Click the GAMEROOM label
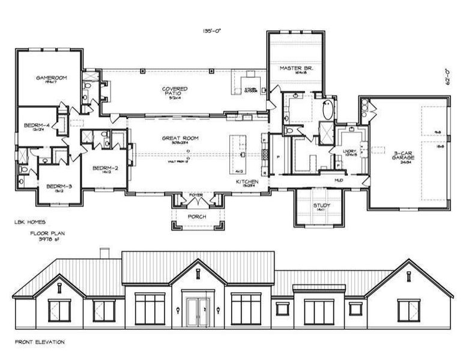coord(45,77)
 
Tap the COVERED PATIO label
coord(175,91)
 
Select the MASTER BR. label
coord(294,69)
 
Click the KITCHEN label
coord(247,181)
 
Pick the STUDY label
coord(322,206)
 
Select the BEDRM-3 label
coord(59,186)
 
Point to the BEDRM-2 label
coord(104,169)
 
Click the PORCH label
coord(197,216)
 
